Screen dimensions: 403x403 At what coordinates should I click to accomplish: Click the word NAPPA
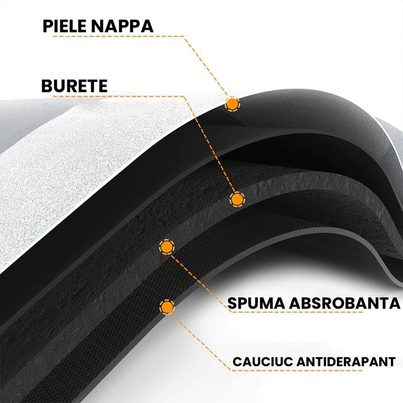122,26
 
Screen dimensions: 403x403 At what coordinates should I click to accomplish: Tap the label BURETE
74,86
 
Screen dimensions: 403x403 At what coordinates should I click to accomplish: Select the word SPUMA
256,303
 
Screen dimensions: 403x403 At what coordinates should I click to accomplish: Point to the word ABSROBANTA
344,303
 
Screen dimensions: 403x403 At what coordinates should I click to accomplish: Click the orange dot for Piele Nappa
232,104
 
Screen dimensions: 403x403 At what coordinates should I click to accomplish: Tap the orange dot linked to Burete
237,199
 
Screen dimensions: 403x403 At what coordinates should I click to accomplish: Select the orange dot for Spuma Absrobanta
167,247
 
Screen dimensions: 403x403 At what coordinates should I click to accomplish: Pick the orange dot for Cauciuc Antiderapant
167,307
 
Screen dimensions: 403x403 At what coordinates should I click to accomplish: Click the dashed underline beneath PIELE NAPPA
119,36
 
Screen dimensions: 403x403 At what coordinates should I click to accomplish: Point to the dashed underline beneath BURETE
119,96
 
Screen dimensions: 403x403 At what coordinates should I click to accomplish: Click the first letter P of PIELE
47,26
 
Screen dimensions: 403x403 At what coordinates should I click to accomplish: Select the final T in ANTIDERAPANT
391,362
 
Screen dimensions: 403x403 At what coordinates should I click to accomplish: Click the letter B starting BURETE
47,86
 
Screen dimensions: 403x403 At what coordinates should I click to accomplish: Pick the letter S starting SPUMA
232,303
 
